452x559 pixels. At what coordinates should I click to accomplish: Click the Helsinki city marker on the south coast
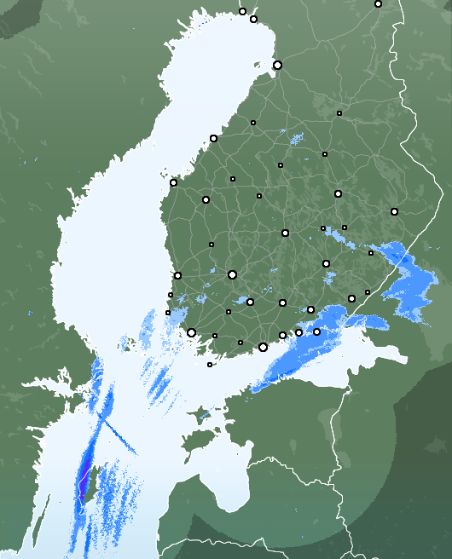click(x=263, y=347)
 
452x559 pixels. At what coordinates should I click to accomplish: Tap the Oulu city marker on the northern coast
click(x=277, y=65)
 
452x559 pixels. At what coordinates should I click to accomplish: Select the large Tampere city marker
click(x=232, y=274)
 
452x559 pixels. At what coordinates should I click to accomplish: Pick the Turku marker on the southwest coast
click(x=192, y=333)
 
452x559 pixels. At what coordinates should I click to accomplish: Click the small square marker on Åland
click(x=210, y=365)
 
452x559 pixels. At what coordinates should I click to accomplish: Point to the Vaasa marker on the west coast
click(x=173, y=182)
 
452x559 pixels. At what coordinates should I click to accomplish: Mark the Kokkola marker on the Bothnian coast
click(x=213, y=138)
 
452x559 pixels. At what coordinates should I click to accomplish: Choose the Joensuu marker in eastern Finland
click(x=394, y=211)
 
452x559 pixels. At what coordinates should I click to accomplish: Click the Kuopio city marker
click(x=338, y=193)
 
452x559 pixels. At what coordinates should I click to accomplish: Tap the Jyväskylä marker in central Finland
click(x=285, y=233)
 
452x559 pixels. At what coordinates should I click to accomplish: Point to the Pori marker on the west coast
click(x=177, y=275)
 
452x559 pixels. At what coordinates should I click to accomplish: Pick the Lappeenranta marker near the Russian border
click(x=351, y=298)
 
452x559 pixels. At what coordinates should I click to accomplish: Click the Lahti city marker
click(x=282, y=303)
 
